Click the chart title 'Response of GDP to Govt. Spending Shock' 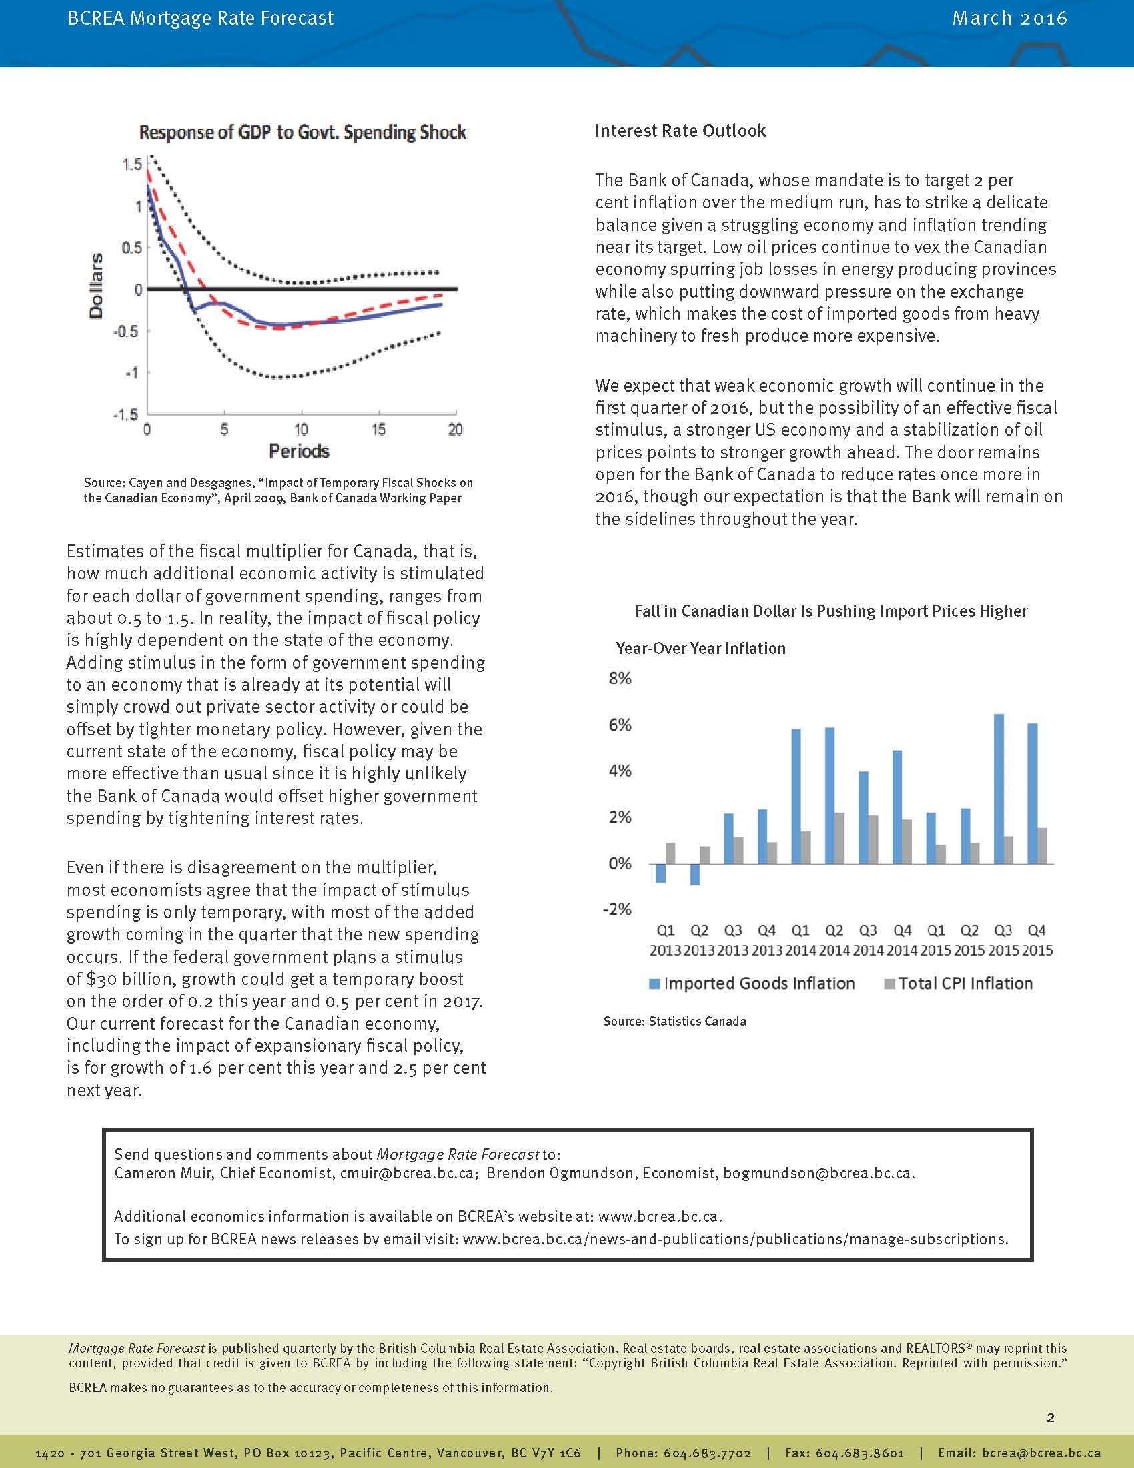(x=302, y=132)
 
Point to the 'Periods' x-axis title (x=299, y=451)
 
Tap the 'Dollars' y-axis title (x=97, y=286)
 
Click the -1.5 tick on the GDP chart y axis (x=126, y=414)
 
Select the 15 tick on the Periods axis (x=378, y=430)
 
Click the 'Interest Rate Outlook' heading (x=680, y=130)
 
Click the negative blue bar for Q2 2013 (x=694, y=874)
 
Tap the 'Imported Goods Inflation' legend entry (x=758, y=984)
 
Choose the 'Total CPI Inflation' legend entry (x=965, y=984)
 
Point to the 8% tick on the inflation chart (x=620, y=678)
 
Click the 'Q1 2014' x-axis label (x=800, y=940)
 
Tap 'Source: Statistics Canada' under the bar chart (x=674, y=1021)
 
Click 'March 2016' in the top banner (x=1009, y=18)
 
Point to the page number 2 (x=1051, y=1417)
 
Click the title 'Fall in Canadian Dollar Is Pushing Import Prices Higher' (x=831, y=611)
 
